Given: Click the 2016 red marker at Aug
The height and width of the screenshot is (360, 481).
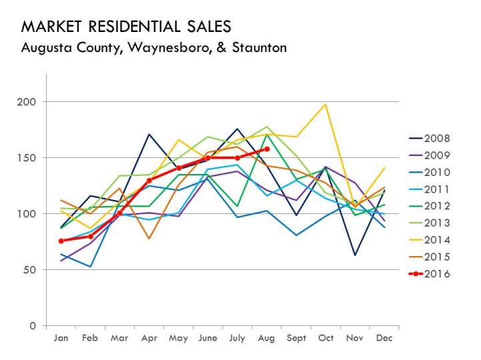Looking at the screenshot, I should point(267,149).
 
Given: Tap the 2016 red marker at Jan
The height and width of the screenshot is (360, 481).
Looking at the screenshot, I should point(61,241).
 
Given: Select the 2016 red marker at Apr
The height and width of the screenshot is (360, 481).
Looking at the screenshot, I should point(149,180).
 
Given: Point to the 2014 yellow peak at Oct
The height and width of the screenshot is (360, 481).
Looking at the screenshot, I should point(326,104).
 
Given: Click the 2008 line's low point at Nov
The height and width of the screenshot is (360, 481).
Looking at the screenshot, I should point(355,255).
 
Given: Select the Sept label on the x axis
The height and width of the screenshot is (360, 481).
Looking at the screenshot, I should point(296,339).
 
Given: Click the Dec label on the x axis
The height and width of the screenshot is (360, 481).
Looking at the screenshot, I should point(384,339).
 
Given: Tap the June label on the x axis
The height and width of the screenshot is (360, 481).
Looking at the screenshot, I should point(208,339).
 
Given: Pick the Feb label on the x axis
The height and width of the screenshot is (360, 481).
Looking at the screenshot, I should point(90,339).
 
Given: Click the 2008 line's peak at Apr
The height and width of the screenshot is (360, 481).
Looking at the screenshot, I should point(149,134).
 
